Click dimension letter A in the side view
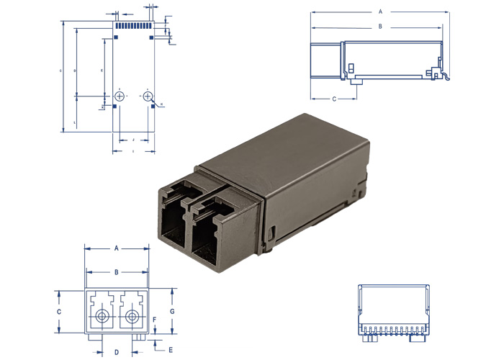point(380,12)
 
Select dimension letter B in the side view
point(380,27)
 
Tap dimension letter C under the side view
point(333,97)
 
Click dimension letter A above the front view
point(117,248)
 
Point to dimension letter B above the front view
point(117,272)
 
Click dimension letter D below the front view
point(117,351)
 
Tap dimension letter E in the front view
point(171,350)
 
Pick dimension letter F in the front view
point(155,319)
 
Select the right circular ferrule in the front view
point(131,317)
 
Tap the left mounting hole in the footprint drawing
point(120,96)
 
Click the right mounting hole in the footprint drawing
point(148,96)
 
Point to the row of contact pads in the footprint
point(134,25)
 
